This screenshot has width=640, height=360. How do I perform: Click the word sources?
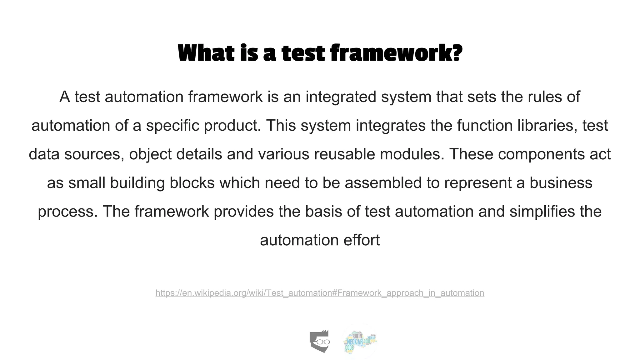[92, 154]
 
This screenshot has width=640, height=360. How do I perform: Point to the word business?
[561, 183]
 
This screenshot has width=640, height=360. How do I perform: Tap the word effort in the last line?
[362, 240]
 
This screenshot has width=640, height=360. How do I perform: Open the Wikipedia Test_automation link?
[320, 293]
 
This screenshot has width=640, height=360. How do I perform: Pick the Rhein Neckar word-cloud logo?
[360, 341]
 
